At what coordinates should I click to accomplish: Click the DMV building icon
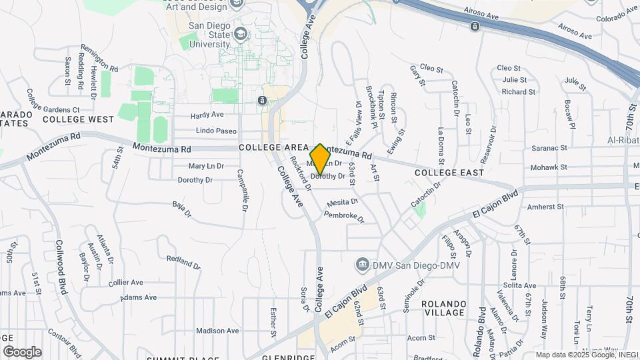point(363,264)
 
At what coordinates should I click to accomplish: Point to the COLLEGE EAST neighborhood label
point(449,173)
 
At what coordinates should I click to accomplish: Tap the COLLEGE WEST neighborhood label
point(78,119)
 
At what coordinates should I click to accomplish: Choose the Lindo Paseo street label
point(216,131)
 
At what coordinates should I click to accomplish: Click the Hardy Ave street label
point(207,115)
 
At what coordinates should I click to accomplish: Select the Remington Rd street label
point(99,59)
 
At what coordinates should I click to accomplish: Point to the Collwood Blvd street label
point(62,267)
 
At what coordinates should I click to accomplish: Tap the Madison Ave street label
point(217,331)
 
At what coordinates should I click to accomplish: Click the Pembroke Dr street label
point(345,217)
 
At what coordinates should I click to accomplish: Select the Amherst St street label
point(546,207)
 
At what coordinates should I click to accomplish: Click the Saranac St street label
point(549,148)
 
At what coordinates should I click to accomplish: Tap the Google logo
point(22,351)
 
